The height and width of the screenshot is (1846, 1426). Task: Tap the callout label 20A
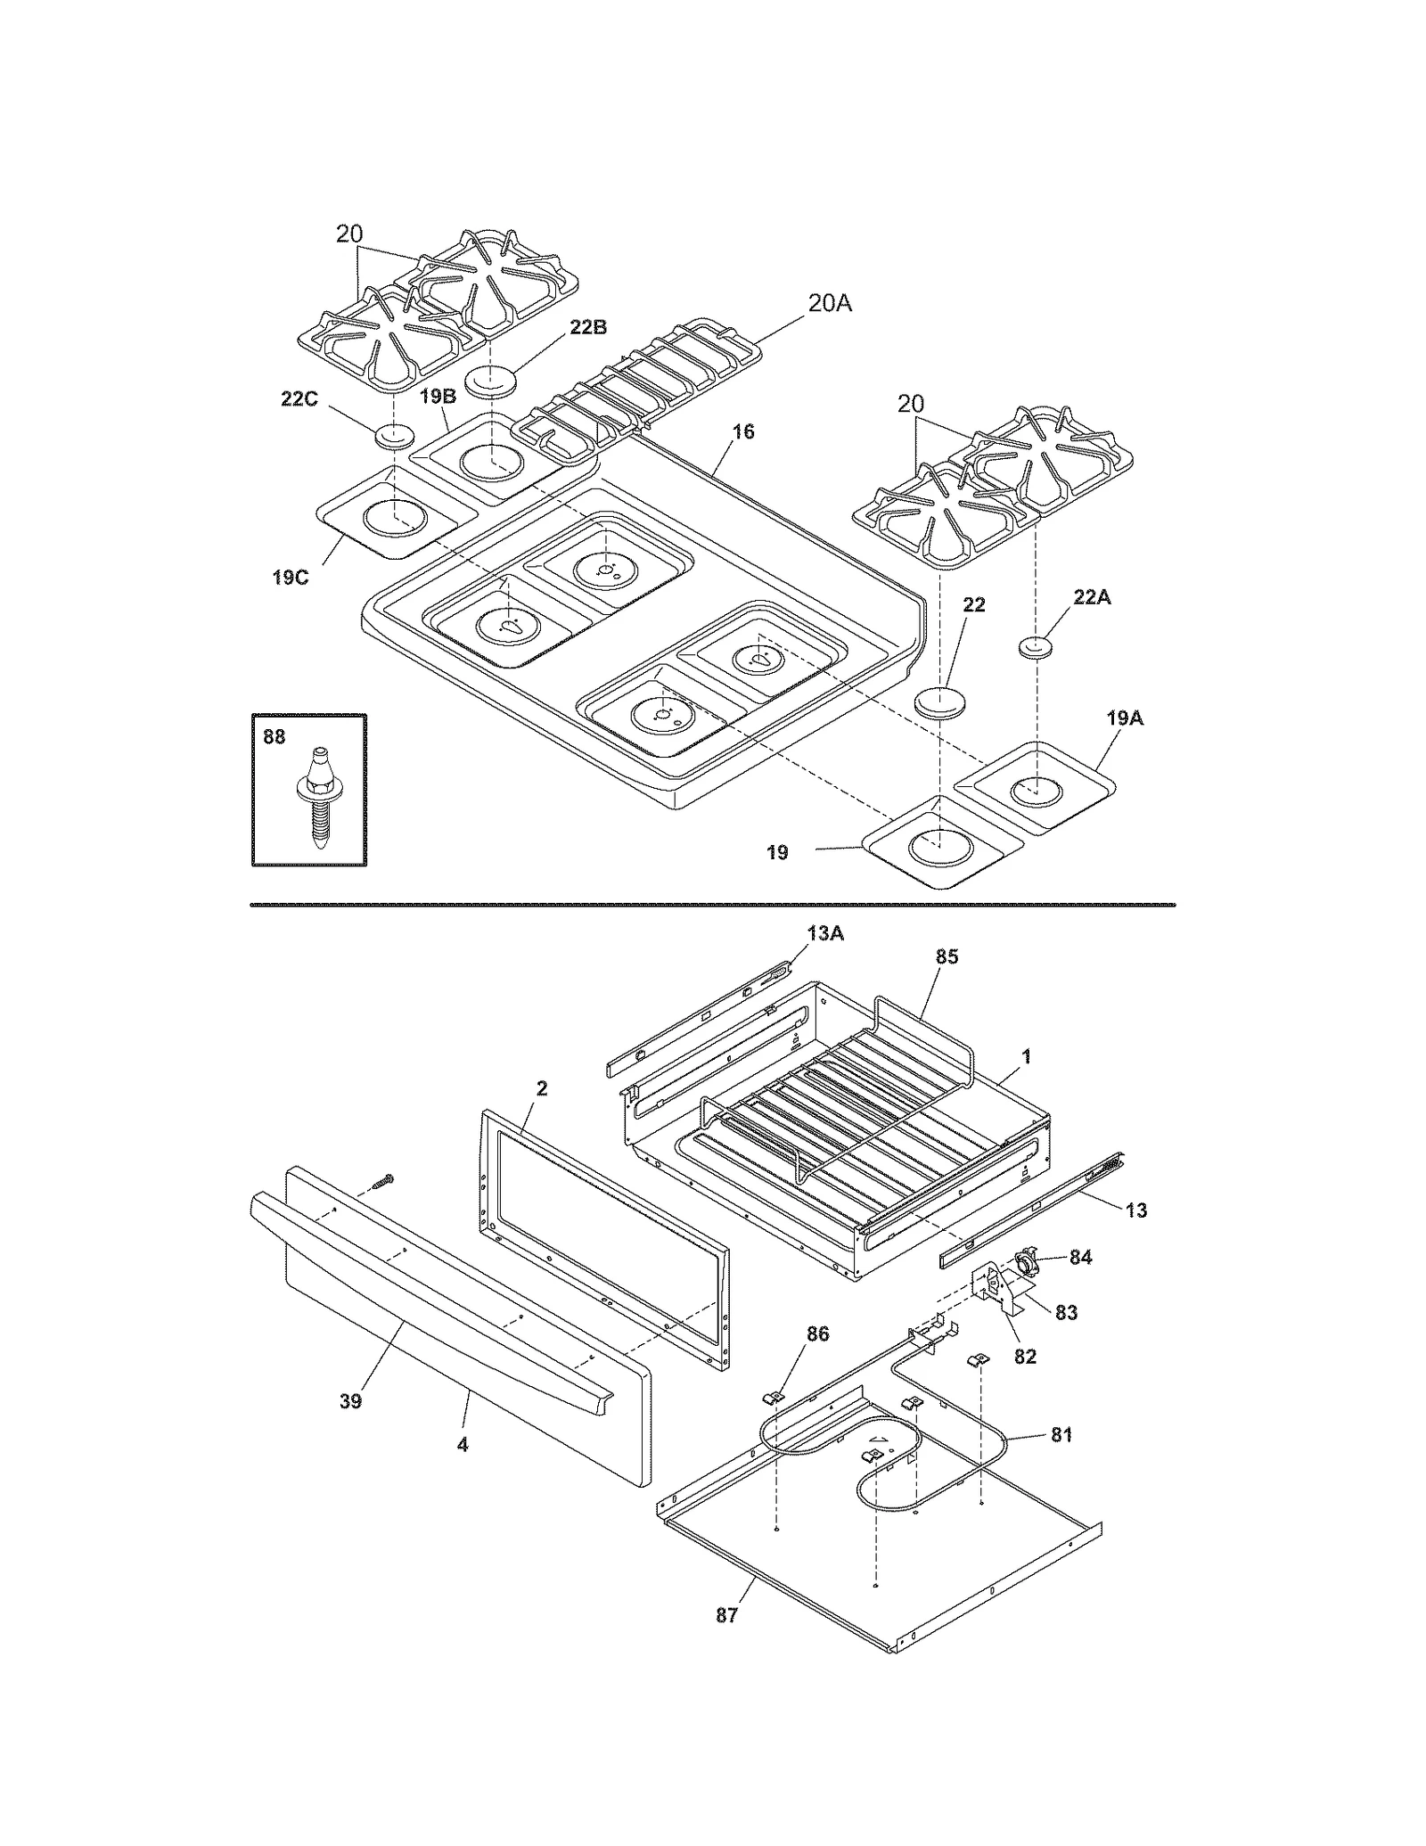point(829,304)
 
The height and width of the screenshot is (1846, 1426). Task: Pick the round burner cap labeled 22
point(938,701)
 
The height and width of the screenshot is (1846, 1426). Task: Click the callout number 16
point(742,432)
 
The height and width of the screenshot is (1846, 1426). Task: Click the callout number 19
point(777,853)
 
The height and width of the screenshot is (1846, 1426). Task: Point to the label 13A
point(825,933)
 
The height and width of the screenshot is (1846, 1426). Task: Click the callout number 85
point(947,956)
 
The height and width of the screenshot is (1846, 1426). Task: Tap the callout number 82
point(1025,1357)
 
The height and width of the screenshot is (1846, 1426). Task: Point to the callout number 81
point(1061,1435)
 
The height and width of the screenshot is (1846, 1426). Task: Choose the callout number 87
point(726,1615)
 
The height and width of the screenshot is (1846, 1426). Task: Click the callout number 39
point(350,1401)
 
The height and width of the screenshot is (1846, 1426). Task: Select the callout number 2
point(541,1088)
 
